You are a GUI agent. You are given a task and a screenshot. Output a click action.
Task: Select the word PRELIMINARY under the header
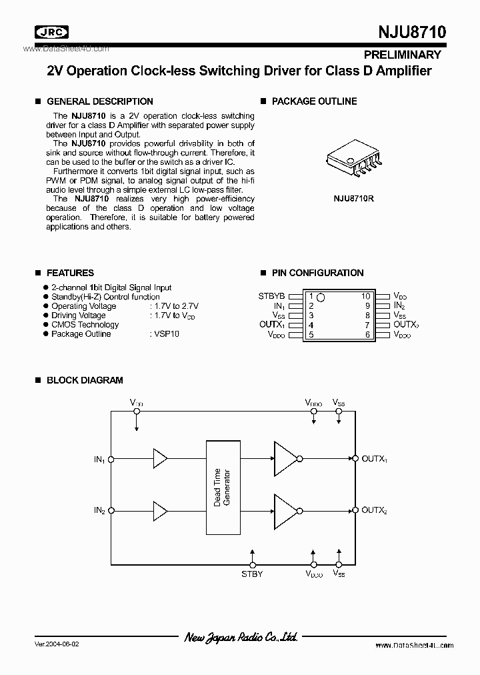pos(403,55)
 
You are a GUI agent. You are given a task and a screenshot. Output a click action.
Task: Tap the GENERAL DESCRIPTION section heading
pos(99,101)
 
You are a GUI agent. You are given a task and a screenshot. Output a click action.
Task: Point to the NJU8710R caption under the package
pos(353,198)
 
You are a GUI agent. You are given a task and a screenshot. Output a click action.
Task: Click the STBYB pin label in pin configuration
pos(271,296)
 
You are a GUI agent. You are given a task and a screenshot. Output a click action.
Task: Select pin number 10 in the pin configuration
pos(365,296)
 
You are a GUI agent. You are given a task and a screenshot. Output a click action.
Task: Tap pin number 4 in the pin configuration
pos(311,325)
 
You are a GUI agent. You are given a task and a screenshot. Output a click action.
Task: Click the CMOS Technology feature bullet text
pos(85,325)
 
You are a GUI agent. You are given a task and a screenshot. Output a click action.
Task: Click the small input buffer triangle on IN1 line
pos(159,458)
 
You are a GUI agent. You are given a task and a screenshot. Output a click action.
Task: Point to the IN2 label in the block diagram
pos(99,510)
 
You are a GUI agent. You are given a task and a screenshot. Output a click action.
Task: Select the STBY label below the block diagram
pos(251,574)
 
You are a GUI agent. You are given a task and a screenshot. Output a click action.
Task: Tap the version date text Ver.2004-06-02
pos(60,645)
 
